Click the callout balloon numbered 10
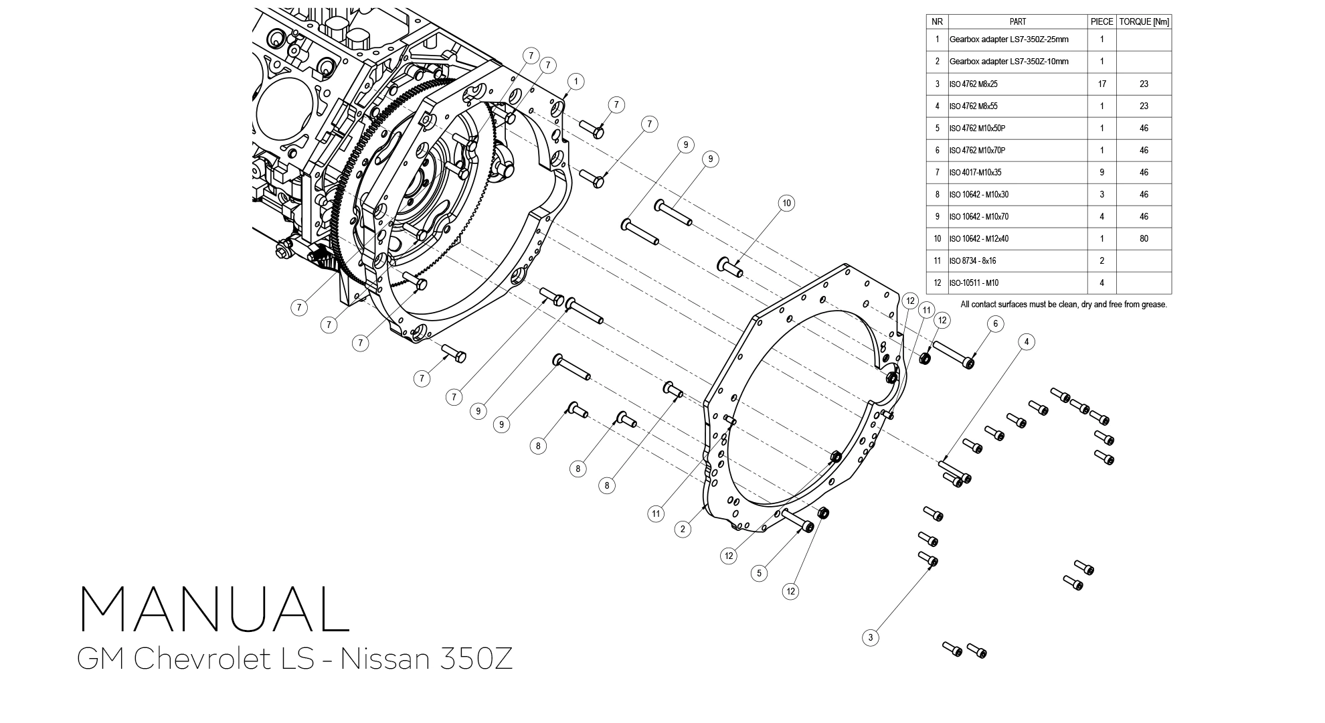pyautogui.click(x=786, y=203)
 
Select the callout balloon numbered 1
pyautogui.click(x=576, y=82)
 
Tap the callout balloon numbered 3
pyautogui.click(x=870, y=637)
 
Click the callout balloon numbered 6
pyautogui.click(x=995, y=324)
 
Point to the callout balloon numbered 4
pyautogui.click(x=1027, y=342)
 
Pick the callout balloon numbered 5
pyautogui.click(x=758, y=573)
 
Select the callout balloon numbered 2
pyautogui.click(x=683, y=529)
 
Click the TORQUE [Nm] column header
pyautogui.click(x=1144, y=21)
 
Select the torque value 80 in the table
pyautogui.click(x=1144, y=238)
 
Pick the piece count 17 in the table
pyautogui.click(x=1101, y=84)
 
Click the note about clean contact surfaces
pyautogui.click(x=1063, y=305)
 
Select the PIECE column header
pyautogui.click(x=1101, y=21)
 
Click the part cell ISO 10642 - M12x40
pyautogui.click(x=978, y=238)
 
